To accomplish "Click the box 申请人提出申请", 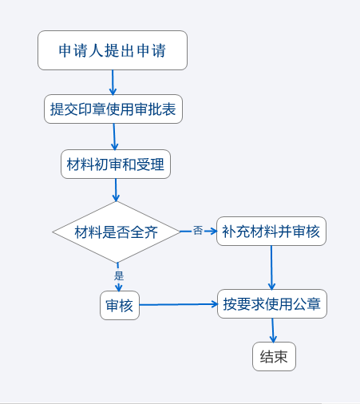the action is click(x=113, y=50).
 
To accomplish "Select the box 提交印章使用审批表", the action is click(x=113, y=109).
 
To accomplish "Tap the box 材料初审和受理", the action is click(x=116, y=164).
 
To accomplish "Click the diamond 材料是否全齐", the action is click(x=117, y=232).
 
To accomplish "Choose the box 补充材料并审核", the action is click(x=271, y=231).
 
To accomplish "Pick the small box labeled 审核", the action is click(x=120, y=305).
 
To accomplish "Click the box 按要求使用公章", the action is click(x=272, y=303).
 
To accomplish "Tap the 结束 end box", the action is click(x=274, y=357).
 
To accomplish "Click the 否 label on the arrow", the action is click(x=198, y=230).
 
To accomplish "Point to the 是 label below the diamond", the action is click(x=119, y=275).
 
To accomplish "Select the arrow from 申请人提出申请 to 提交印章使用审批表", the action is click(x=113, y=82).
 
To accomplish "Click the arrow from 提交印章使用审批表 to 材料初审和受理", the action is click(x=114, y=137).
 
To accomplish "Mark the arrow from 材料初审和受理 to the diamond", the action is click(x=116, y=190).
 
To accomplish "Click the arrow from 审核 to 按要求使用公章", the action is click(x=179, y=304).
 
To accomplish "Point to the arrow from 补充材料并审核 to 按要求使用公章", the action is click(x=271, y=267).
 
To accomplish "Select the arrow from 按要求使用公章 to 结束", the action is click(x=273, y=331).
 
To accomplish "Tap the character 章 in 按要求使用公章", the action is click(x=314, y=304).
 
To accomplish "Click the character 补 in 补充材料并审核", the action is click(x=229, y=232).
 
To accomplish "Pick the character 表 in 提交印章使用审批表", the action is click(x=169, y=109).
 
